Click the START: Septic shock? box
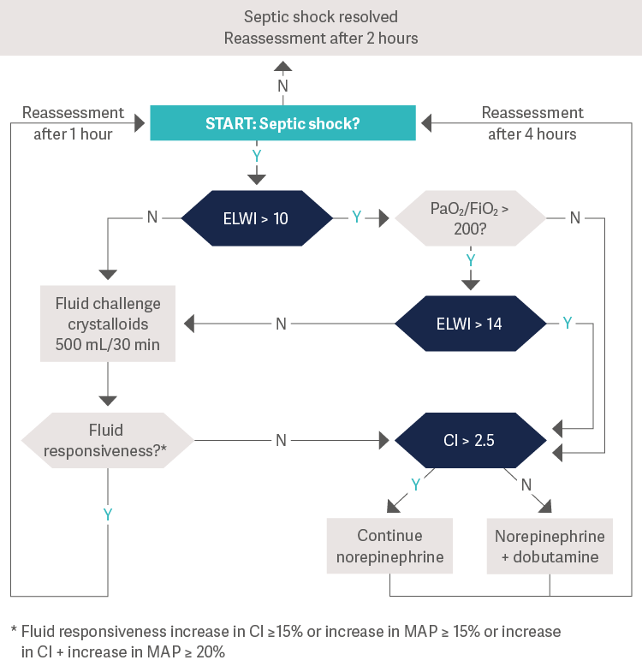282,123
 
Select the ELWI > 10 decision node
257,218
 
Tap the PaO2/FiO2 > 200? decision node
470,218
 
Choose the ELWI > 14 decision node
470,324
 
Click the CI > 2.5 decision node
470,441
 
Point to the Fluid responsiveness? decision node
107,441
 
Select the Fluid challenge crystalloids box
108,324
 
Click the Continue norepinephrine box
389,546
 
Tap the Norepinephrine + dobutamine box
550,546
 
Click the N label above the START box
282,86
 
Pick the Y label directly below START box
256,156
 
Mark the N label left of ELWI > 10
152,217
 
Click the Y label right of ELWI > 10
356,217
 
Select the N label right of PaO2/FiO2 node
575,217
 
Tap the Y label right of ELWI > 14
567,323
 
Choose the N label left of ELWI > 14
281,324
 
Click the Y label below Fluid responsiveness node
108,514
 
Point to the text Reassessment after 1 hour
74,123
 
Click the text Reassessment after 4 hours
532,123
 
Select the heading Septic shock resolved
321,17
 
